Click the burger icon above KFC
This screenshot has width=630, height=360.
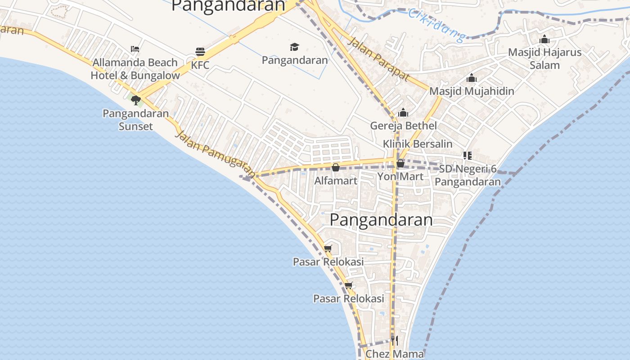[200, 52]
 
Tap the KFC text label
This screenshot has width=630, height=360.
[200, 65]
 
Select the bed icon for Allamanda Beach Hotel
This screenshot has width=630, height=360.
[135, 49]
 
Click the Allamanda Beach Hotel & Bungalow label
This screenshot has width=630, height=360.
[135, 69]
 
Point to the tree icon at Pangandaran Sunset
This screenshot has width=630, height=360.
[135, 100]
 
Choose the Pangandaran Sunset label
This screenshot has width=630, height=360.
[135, 120]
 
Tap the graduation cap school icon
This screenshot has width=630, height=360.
[294, 47]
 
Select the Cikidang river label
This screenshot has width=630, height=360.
[436, 25]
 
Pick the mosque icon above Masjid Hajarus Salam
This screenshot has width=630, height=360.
[544, 39]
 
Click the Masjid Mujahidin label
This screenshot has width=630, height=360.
[472, 91]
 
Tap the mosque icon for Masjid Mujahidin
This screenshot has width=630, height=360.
[472, 78]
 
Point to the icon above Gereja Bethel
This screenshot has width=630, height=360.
[403, 112]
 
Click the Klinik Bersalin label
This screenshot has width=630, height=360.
[417, 144]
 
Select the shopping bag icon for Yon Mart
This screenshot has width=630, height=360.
[400, 163]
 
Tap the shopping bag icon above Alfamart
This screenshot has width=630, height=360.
[335, 167]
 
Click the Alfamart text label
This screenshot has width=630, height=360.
[336, 181]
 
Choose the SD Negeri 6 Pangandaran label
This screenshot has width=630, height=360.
[468, 175]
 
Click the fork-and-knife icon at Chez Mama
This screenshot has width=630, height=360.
[394, 340]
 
